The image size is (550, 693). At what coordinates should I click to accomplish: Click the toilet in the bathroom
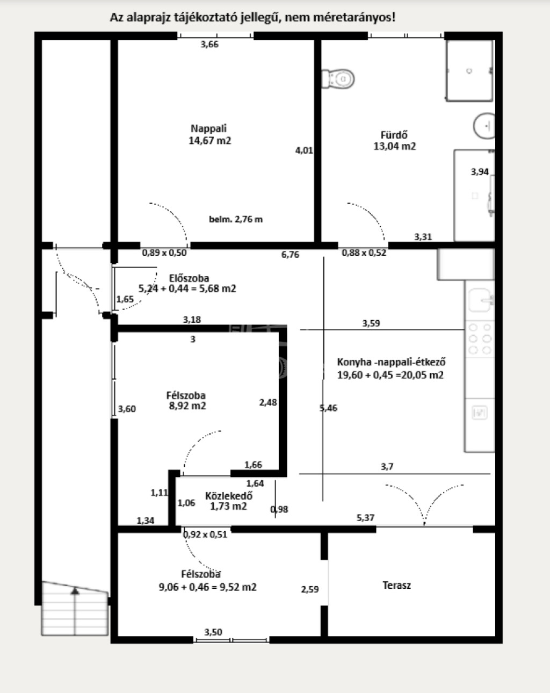[338, 78]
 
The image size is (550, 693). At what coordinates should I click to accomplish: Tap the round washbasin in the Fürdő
[484, 126]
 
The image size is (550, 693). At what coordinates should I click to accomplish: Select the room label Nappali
[208, 128]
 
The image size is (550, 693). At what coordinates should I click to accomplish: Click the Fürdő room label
[394, 134]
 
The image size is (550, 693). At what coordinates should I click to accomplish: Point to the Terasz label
[397, 586]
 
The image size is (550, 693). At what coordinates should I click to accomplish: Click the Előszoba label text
[189, 278]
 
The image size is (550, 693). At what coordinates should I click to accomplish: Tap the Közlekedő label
[229, 496]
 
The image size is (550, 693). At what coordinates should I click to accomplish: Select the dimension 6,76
[290, 255]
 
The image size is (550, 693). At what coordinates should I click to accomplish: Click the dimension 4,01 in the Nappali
[304, 150]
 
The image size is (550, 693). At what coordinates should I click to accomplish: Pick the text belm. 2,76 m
[236, 219]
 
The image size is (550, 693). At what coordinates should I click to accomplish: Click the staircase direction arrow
[75, 591]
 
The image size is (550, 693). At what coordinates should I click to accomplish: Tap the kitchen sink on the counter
[481, 300]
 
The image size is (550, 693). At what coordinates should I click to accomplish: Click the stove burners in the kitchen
[480, 339]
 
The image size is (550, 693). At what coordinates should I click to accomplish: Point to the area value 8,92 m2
[187, 406]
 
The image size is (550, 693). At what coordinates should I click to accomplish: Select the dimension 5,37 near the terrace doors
[365, 518]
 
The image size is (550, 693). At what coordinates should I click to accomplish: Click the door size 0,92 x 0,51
[205, 535]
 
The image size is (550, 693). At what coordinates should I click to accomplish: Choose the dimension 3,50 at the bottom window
[213, 632]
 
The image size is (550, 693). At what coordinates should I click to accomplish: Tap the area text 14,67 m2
[210, 141]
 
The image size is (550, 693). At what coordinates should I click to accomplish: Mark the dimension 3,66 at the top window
[209, 45]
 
